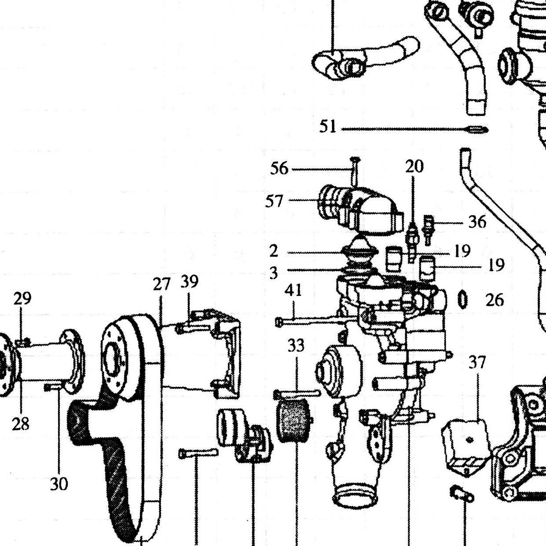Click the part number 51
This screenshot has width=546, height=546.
pyautogui.click(x=328, y=126)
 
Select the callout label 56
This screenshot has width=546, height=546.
pyautogui.click(x=279, y=169)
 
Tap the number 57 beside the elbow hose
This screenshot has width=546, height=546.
pyautogui.click(x=274, y=202)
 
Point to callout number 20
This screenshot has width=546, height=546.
pyautogui.click(x=414, y=166)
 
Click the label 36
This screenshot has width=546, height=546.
pyautogui.click(x=477, y=222)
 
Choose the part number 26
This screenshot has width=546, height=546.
pyautogui.click(x=495, y=300)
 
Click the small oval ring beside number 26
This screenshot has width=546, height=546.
pyautogui.click(x=462, y=299)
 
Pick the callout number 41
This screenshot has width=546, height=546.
pyautogui.click(x=293, y=290)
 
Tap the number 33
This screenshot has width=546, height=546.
pyautogui.click(x=296, y=345)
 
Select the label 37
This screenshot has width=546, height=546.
pyautogui.click(x=477, y=362)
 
